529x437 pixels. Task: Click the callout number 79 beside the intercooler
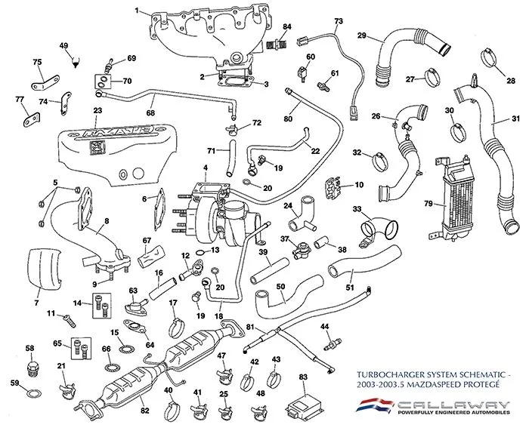pos(428,203)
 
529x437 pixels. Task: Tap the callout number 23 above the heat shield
pos(97,111)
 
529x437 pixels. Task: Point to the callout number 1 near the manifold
pos(137,11)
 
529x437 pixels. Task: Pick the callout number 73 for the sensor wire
pos(338,20)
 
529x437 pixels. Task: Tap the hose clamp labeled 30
pos(456,129)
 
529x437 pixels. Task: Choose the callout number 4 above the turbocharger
pos(205,167)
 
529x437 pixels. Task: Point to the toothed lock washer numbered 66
pos(107,369)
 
